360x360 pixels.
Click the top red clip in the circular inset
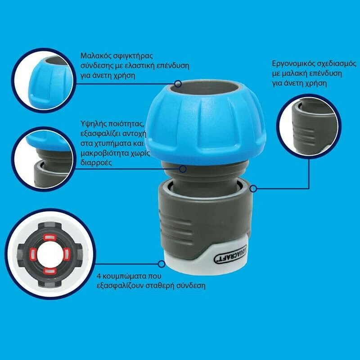[50, 237]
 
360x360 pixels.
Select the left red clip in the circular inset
[33, 254]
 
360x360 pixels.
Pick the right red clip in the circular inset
[66, 254]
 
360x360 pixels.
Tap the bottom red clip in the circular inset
[50, 271]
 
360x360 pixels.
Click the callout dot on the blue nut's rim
[178, 84]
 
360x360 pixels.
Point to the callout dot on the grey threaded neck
[183, 169]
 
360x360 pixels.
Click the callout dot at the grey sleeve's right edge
[253, 189]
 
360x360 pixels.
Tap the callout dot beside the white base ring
[162, 264]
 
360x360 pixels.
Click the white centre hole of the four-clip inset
[50, 254]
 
